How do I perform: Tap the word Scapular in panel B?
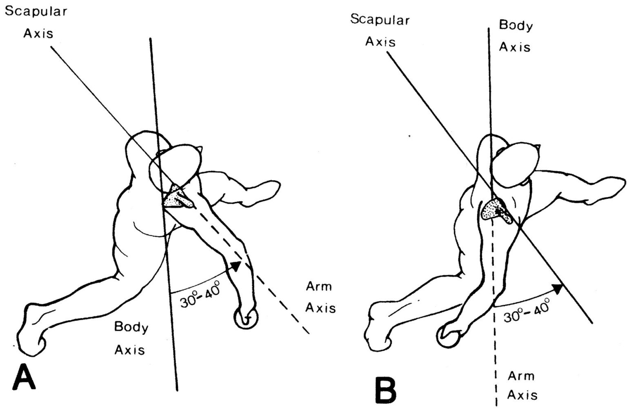point(380,20)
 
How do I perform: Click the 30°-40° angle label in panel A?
point(200,294)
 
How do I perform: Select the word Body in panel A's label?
point(131,327)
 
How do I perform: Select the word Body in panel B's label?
point(516,26)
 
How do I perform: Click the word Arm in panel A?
point(319,286)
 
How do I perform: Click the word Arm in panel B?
point(521,375)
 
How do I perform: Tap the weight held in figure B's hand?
point(448,337)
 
